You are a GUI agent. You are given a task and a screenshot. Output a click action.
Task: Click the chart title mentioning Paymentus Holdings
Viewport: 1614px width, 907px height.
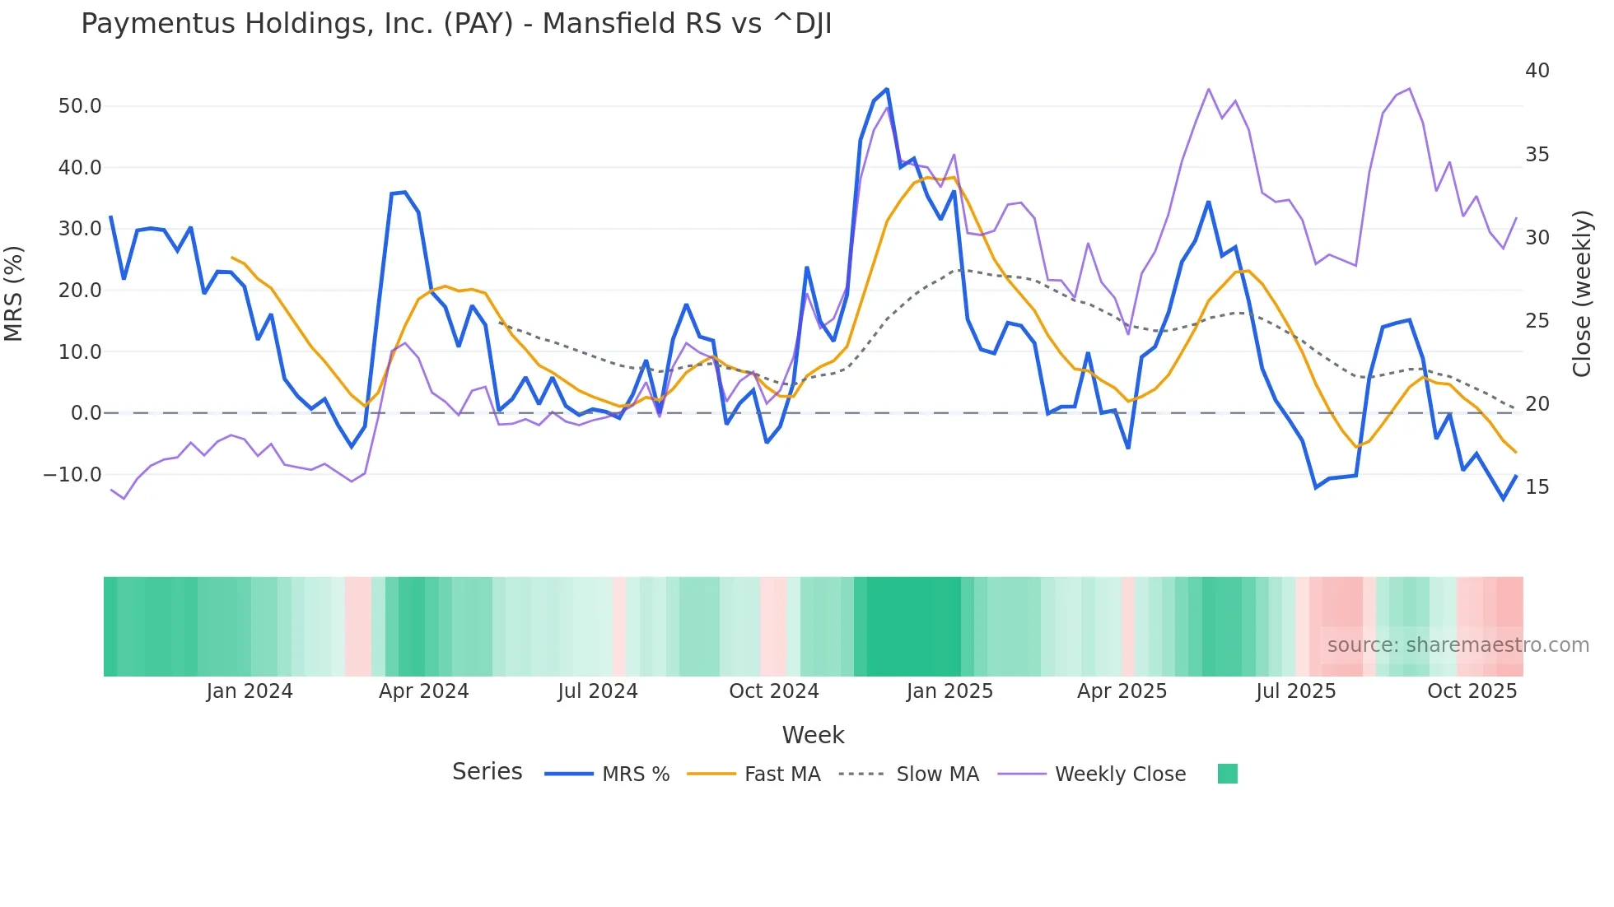coord(456,24)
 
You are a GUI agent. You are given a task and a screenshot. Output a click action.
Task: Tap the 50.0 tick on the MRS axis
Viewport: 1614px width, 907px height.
coord(79,106)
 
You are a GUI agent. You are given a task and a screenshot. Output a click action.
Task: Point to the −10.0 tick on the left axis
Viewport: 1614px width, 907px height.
coord(72,475)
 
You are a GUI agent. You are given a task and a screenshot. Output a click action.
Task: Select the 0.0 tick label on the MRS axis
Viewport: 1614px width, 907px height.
coord(86,413)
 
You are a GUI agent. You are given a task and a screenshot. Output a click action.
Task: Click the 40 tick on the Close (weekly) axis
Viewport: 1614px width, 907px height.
coord(1537,71)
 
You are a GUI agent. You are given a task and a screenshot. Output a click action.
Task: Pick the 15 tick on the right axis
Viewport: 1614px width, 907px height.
coord(1537,487)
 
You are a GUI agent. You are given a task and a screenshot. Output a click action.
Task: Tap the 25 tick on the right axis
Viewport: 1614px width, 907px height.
coord(1537,321)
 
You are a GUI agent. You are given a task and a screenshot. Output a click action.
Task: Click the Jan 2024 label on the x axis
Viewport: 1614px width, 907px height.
coord(249,691)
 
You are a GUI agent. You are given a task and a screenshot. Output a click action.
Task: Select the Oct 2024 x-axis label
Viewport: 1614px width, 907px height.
coord(773,691)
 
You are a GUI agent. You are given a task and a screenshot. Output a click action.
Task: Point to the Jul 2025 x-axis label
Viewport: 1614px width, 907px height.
coord(1295,691)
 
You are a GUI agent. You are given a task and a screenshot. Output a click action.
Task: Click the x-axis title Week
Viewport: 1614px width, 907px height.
coord(813,735)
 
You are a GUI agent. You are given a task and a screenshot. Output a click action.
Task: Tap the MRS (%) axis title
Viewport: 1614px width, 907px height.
coord(14,294)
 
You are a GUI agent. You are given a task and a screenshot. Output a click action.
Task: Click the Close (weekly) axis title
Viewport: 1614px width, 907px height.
coord(1582,294)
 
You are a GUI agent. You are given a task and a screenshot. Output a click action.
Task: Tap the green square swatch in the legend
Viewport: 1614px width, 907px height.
coord(1227,774)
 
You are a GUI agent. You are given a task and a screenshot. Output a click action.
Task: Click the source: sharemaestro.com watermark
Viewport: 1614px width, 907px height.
coord(1458,645)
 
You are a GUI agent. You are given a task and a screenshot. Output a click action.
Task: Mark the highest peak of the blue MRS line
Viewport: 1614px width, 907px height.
coord(887,89)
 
